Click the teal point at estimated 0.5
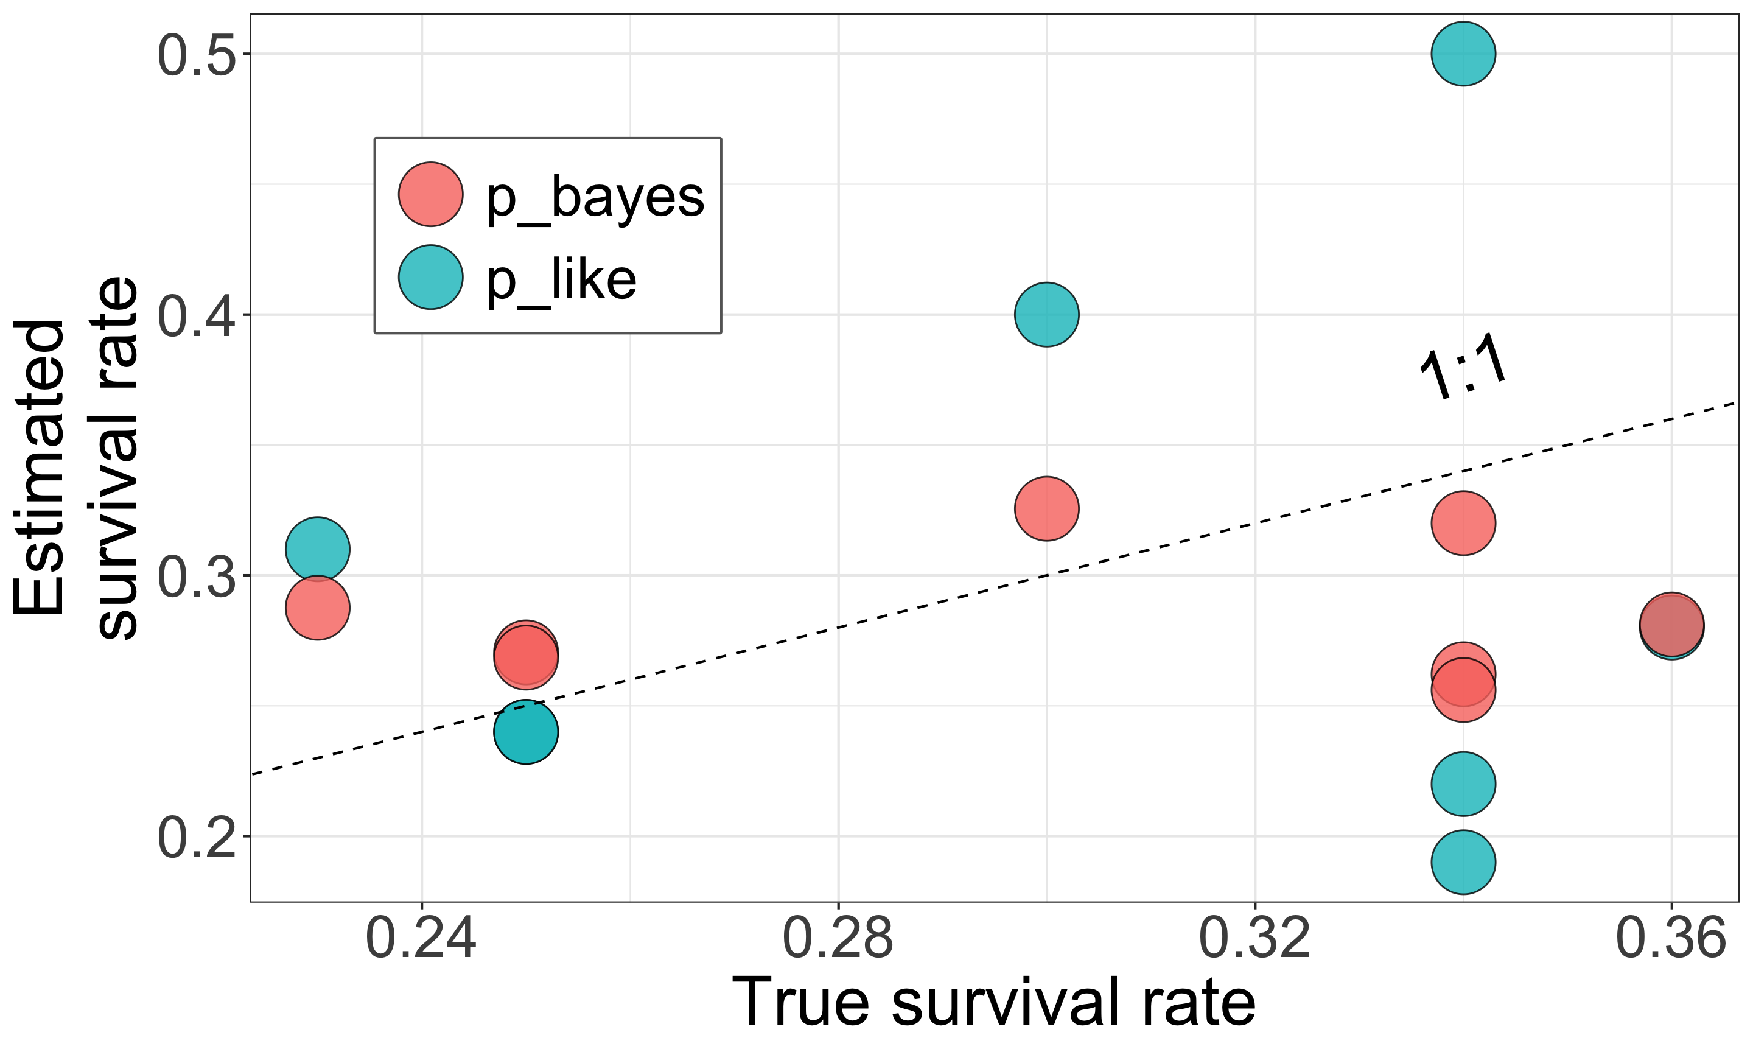point(1463,54)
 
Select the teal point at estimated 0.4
point(1046,314)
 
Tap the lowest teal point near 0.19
point(1463,862)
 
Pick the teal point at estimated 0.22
point(1463,784)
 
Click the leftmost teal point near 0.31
point(318,549)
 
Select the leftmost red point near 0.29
point(318,608)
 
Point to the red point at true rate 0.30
point(1046,508)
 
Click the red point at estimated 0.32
point(1463,523)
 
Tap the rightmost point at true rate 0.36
point(1671,625)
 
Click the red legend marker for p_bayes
point(431,194)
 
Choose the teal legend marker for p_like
point(431,277)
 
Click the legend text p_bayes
point(595,197)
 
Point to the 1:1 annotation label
point(1463,374)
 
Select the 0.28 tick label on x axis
point(838,939)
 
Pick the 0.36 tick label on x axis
point(1671,939)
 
